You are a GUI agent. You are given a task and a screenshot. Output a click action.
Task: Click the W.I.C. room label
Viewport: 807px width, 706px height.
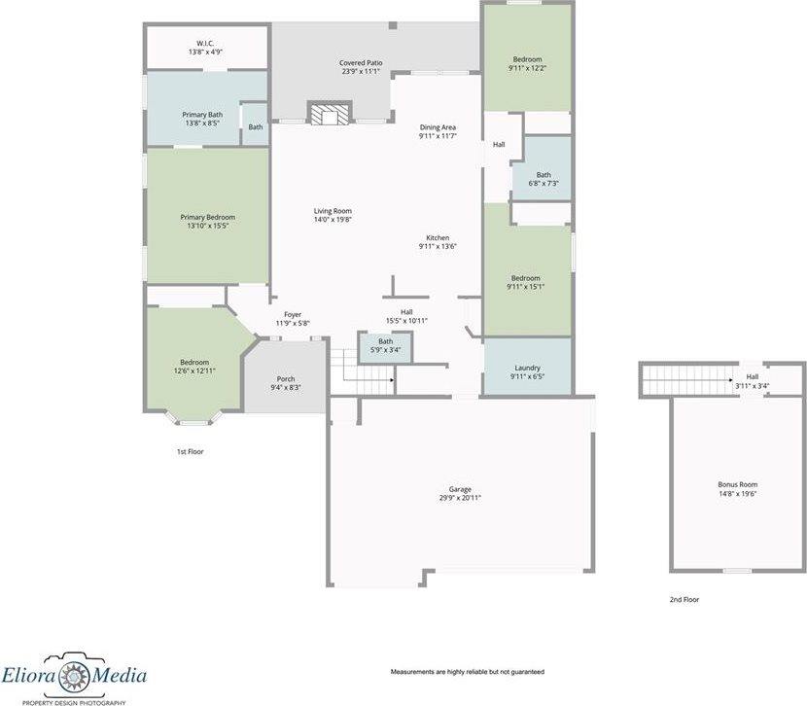click(205, 43)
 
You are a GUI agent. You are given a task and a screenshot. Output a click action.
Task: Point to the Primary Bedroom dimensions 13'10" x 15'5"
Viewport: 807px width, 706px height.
click(207, 226)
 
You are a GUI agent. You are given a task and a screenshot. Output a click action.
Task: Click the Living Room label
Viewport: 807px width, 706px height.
click(332, 211)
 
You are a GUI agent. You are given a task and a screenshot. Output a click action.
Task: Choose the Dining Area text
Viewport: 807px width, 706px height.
click(438, 127)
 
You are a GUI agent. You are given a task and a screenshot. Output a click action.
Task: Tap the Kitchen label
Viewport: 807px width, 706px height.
click(438, 238)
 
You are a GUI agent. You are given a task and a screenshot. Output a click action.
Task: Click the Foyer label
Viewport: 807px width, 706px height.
click(293, 314)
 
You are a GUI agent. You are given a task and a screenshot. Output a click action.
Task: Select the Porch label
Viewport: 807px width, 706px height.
click(286, 379)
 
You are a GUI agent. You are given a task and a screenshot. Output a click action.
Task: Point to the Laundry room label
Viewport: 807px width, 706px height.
click(526, 368)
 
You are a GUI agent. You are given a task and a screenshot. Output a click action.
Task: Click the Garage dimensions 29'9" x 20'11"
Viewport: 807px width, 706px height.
click(460, 498)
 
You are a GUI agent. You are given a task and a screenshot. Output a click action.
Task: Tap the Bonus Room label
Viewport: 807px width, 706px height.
click(737, 484)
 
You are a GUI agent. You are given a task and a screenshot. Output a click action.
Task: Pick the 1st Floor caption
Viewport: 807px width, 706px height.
click(190, 451)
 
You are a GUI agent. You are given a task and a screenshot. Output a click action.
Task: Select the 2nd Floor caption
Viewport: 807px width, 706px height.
click(684, 600)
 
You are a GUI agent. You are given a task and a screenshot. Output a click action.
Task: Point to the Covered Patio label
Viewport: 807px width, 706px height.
click(361, 63)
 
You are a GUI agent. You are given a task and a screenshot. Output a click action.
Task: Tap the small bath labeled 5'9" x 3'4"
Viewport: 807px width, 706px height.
click(386, 345)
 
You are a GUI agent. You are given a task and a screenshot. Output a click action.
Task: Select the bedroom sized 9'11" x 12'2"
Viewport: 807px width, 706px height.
click(527, 63)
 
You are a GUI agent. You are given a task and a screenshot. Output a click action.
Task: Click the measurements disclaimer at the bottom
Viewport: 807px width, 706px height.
click(467, 672)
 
